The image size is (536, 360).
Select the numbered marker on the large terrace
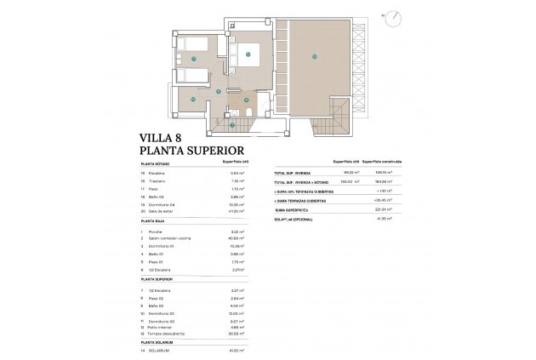[314, 57]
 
